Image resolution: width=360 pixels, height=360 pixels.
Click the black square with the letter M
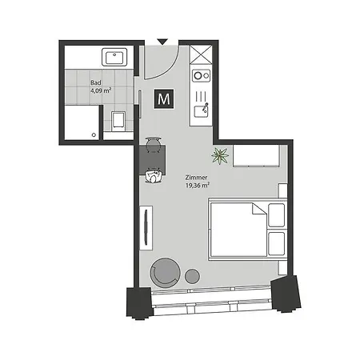[x=165, y=98]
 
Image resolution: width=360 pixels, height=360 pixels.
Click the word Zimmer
[x=196, y=178]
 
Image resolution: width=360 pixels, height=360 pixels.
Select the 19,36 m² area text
[x=198, y=186]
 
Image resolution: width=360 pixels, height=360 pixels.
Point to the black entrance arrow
[x=162, y=42]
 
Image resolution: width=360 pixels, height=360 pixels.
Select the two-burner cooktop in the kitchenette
[x=201, y=77]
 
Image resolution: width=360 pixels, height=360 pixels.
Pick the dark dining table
[x=152, y=159]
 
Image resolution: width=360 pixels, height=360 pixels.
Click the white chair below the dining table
[x=152, y=176]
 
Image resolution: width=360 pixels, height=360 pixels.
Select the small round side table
[x=193, y=277]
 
